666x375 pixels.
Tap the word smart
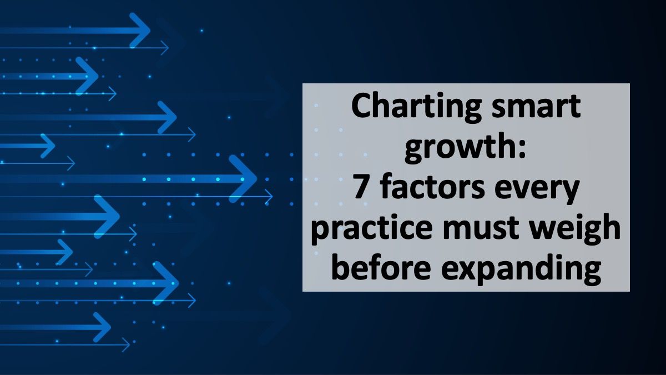(539, 108)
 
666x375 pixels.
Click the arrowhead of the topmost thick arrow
(142, 30)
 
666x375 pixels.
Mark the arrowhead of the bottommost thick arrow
(103, 327)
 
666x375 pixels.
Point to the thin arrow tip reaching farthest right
(270, 196)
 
